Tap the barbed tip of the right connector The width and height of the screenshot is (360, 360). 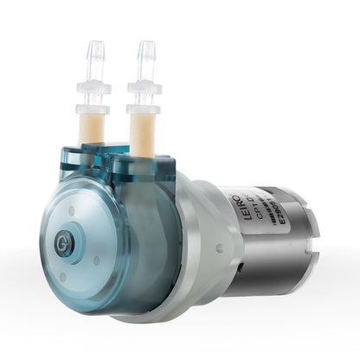pos(145,51)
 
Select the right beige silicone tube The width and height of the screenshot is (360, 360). pos(141,132)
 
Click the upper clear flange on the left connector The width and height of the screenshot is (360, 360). pos(93,87)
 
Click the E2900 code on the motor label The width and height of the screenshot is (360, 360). pos(247,228)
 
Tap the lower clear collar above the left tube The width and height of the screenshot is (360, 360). pos(92,108)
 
